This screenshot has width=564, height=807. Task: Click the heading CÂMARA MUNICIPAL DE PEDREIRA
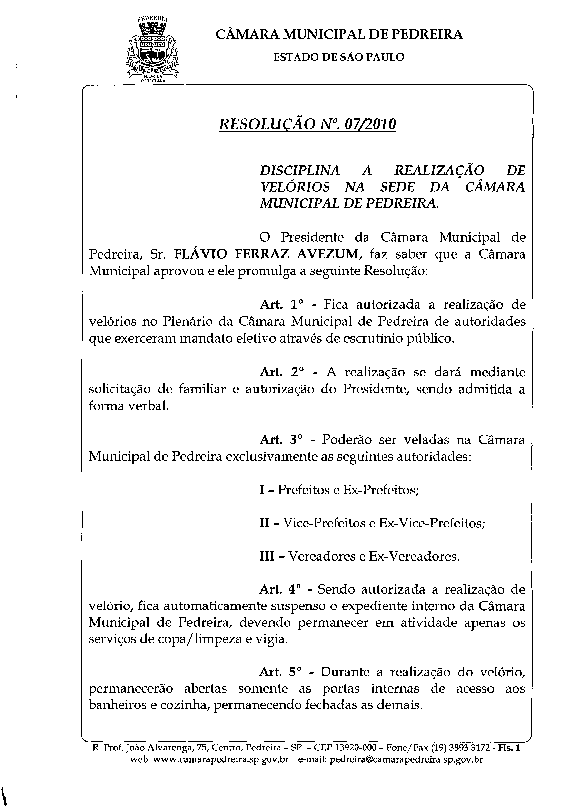click(339, 34)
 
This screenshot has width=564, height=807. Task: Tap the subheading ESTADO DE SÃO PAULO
click(339, 57)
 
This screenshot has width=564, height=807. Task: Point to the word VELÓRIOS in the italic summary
click(295, 187)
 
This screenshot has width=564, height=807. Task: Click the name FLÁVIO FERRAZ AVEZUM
click(266, 254)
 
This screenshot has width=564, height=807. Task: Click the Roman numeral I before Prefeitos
click(262, 490)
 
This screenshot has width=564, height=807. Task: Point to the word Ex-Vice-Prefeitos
click(432, 523)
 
